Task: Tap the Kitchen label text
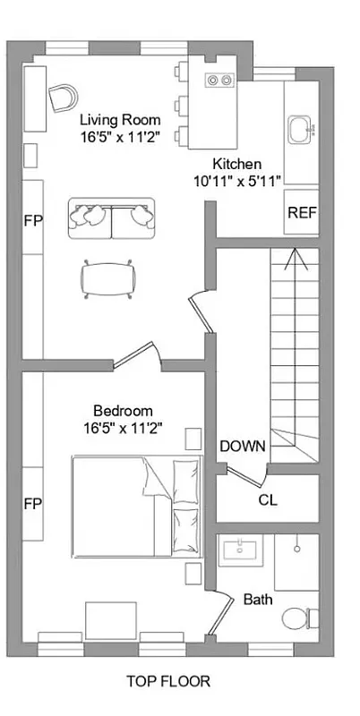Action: (x=236, y=164)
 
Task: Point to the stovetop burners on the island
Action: (x=219, y=81)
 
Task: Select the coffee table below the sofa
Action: (x=108, y=277)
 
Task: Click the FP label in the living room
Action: (x=31, y=218)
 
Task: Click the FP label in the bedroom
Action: (x=31, y=502)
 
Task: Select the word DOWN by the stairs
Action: (x=243, y=446)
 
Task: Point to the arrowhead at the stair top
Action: (x=294, y=258)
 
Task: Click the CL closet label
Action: (x=268, y=500)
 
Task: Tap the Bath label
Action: (x=259, y=599)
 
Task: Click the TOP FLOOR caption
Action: (x=168, y=682)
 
